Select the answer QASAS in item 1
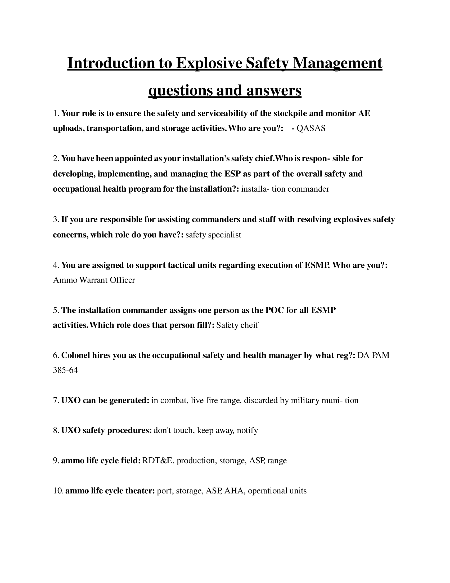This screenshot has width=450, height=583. coord(311,129)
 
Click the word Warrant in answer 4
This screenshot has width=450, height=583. coord(92,280)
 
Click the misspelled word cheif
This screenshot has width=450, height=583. coord(249,325)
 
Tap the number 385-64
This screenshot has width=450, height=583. coord(65,370)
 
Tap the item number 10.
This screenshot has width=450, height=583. coord(58,491)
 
